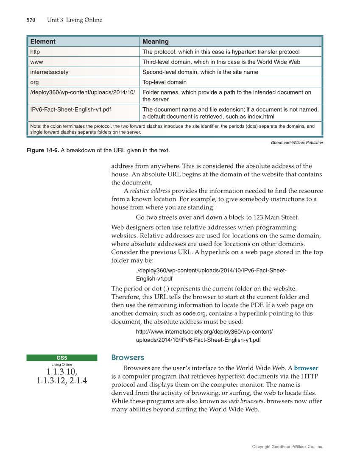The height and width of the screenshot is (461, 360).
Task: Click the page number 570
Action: pyautogui.click(x=31, y=20)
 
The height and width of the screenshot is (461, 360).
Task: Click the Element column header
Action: pyautogui.click(x=43, y=42)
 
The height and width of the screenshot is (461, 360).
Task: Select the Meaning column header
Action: pyautogui.click(x=156, y=42)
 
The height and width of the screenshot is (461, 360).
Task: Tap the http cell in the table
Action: pyautogui.click(x=35, y=52)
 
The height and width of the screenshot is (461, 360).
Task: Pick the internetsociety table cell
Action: pyautogui.click(x=49, y=72)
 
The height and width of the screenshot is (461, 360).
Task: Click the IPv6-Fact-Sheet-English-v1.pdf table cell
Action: pyautogui.click(x=71, y=109)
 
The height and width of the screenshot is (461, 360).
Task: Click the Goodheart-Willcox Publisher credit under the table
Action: pyautogui.click(x=297, y=142)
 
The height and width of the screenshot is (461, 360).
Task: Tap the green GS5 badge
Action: pyautogui.click(x=62, y=358)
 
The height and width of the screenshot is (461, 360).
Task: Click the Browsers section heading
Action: pyautogui.click(x=128, y=358)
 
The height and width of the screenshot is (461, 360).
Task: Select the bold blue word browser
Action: pyautogui.click(x=306, y=368)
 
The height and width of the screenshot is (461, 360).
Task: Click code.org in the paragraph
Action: pyautogui.click(x=194, y=314)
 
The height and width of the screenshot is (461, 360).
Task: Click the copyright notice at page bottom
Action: pyautogui.click(x=287, y=447)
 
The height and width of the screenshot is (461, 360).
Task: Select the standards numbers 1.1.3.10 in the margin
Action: pyautogui.click(x=62, y=372)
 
